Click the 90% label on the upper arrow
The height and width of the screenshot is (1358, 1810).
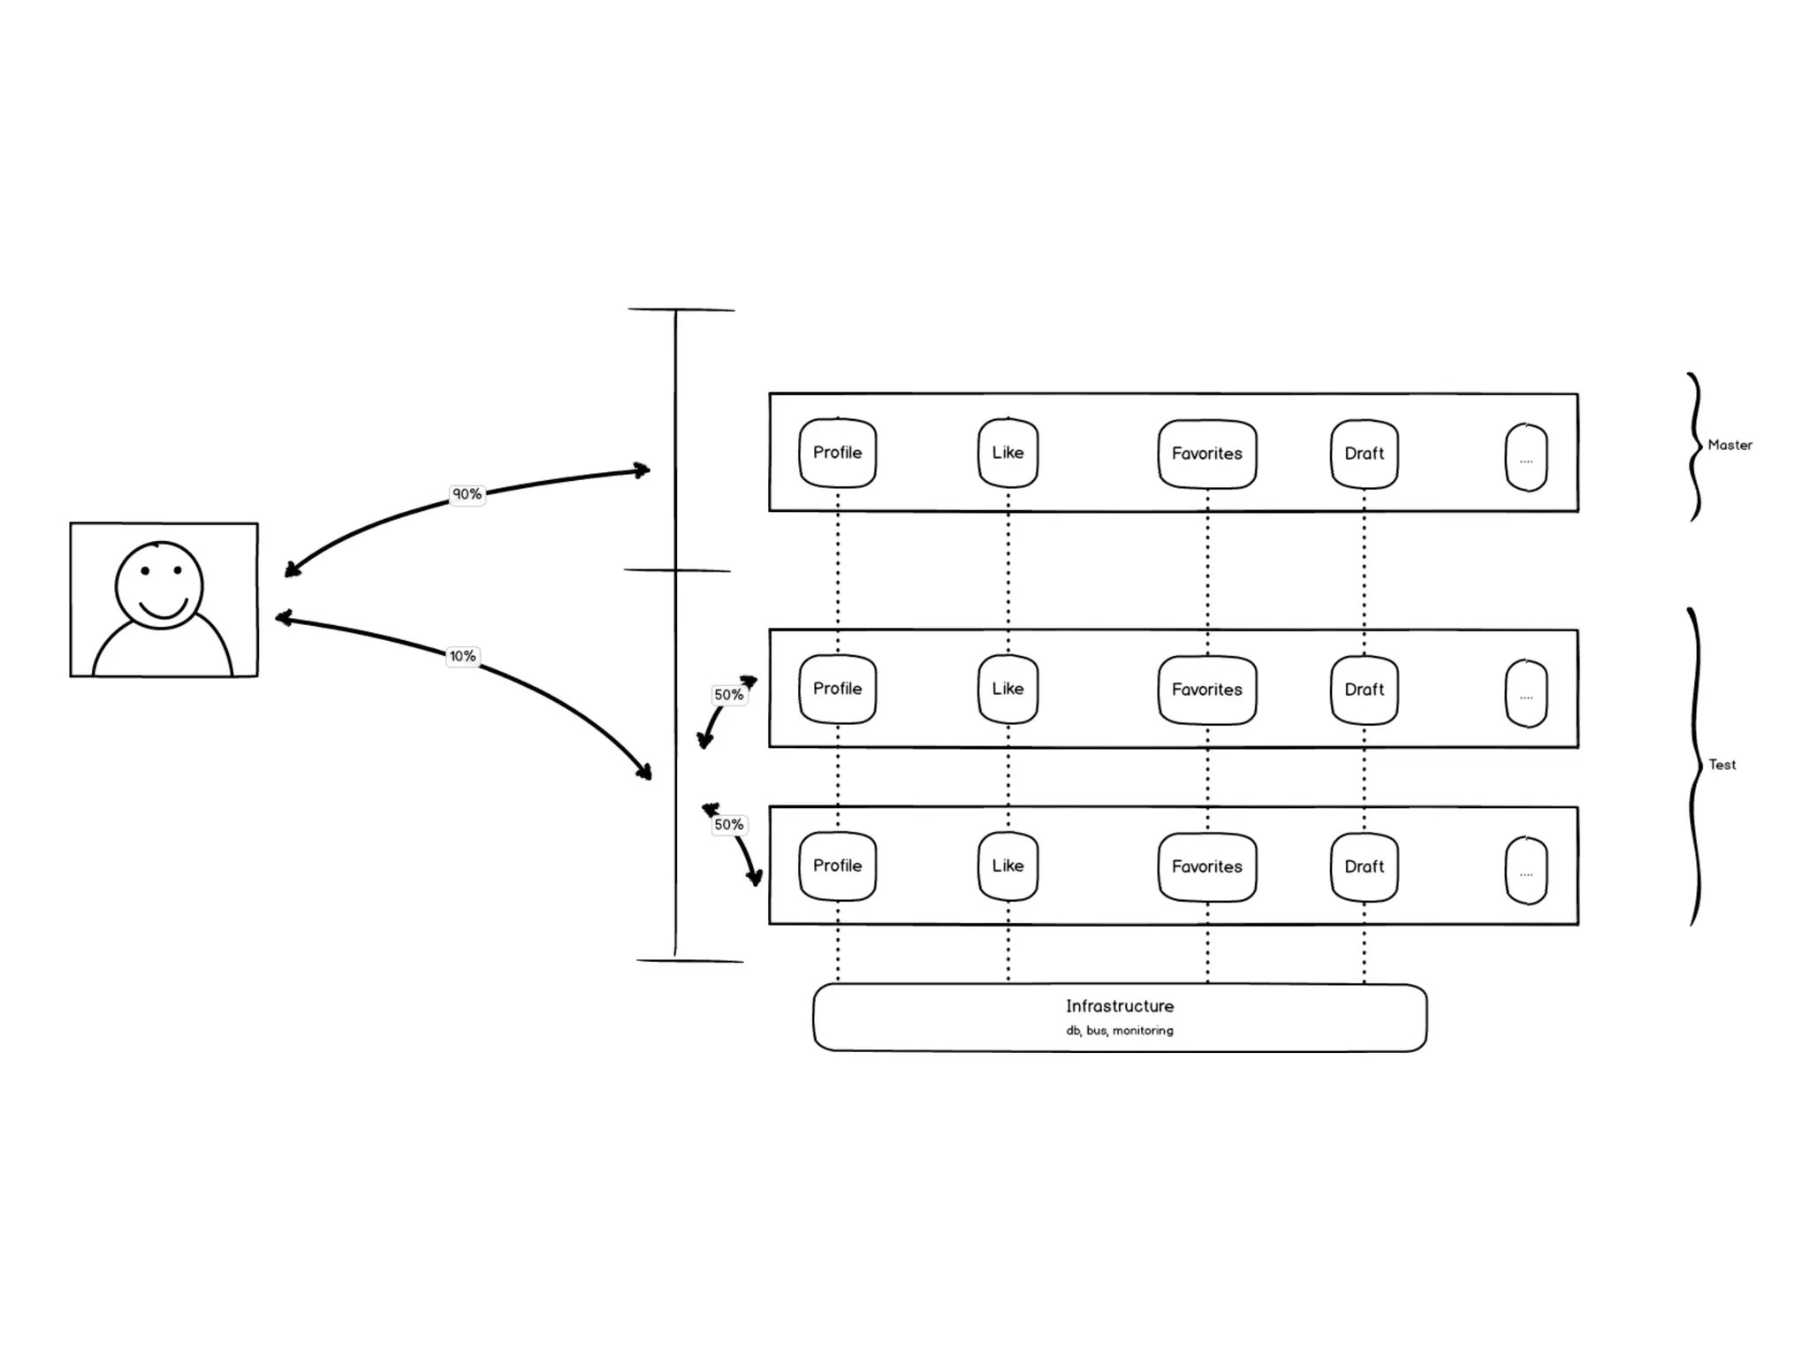coord(467,494)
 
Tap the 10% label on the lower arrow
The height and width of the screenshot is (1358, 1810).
coord(462,656)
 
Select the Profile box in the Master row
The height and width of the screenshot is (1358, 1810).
coord(837,453)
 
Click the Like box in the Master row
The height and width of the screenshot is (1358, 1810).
coord(1008,453)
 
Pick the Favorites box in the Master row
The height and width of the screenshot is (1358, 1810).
coord(1206,454)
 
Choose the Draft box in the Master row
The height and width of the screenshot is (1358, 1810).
coord(1364,454)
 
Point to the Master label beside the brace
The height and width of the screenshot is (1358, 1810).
coord(1730,446)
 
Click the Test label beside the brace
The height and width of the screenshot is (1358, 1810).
coord(1722,765)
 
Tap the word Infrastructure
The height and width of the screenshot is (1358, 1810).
coord(1120,1006)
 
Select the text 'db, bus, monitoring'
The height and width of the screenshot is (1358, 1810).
coord(1120,1031)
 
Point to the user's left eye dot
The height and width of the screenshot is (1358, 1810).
coord(146,571)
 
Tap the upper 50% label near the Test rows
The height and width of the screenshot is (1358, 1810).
coord(728,695)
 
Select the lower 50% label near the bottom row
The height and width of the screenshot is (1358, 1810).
coord(728,825)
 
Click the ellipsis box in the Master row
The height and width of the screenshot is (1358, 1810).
coord(1526,458)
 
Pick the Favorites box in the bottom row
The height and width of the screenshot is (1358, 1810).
coord(1206,867)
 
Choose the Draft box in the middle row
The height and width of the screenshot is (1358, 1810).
coord(1364,690)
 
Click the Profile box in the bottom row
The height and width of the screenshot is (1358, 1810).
coord(837,866)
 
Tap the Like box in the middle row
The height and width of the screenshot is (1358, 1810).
coord(1008,689)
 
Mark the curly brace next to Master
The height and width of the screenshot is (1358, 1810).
coord(1694,446)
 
